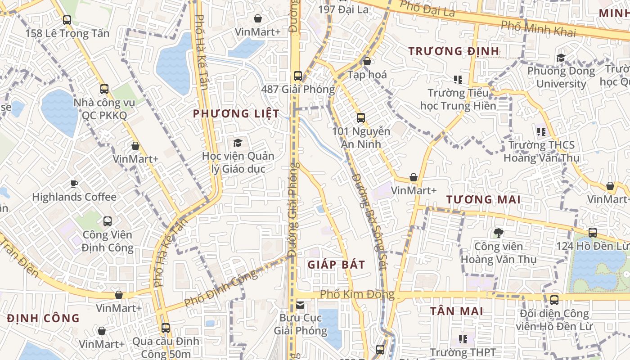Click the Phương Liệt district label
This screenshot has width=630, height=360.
236,113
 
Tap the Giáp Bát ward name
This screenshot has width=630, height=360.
336,264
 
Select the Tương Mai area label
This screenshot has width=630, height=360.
483,199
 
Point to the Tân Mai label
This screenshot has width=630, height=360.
456,311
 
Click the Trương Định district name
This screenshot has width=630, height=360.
454,51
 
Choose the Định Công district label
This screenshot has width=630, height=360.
43,318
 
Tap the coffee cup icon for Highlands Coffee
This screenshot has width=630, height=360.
74,184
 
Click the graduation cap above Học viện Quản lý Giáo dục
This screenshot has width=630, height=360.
238,143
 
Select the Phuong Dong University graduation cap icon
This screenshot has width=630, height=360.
561,58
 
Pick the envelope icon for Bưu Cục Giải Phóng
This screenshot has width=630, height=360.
300,305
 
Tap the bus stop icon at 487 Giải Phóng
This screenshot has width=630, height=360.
297,76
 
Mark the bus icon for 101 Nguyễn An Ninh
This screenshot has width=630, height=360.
361,118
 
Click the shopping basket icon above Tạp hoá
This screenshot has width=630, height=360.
367,61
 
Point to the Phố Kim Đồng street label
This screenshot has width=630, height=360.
357,295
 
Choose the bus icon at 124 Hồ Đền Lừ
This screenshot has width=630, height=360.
593,233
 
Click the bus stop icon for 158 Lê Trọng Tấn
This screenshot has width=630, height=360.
67,20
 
